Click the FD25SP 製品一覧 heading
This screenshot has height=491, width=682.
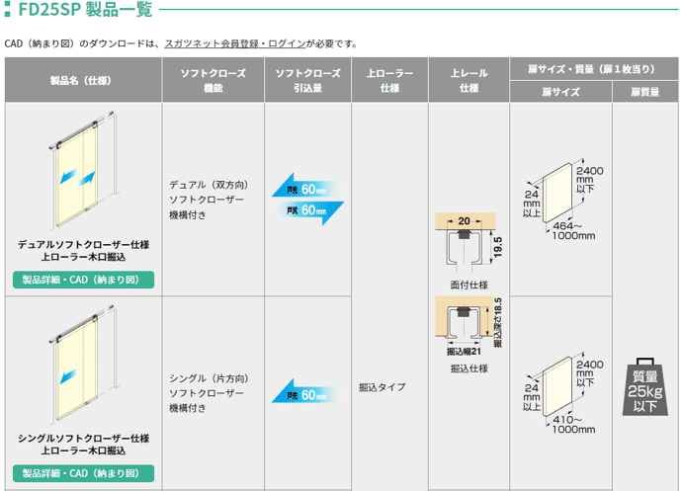click(x=78, y=12)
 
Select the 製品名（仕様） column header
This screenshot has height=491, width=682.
click(x=83, y=80)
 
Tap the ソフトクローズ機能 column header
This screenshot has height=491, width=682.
click(x=213, y=80)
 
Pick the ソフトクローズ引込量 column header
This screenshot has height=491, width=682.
click(x=307, y=80)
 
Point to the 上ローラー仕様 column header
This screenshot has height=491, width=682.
click(x=389, y=80)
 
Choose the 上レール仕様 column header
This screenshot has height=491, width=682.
click(x=469, y=80)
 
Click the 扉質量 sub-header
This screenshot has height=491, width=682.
click(x=645, y=92)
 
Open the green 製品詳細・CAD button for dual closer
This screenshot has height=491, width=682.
click(x=83, y=280)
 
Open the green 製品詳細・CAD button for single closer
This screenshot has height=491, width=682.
click(x=83, y=472)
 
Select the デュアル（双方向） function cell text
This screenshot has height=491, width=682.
click(x=208, y=185)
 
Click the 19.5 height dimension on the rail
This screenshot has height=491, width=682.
click(x=498, y=246)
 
